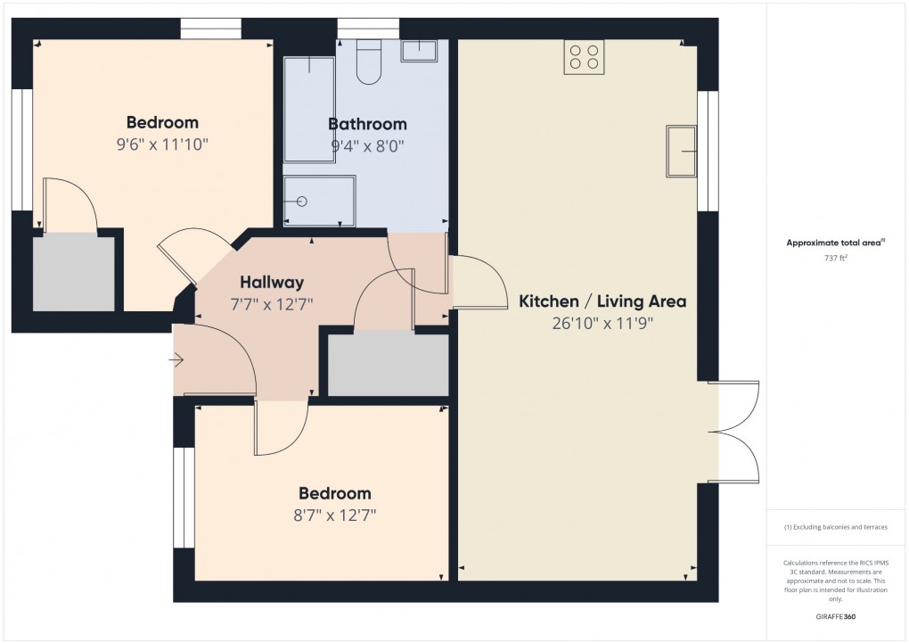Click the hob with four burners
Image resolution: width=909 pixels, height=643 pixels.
click(x=583, y=57)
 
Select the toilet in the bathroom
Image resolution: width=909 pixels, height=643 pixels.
click(x=369, y=62)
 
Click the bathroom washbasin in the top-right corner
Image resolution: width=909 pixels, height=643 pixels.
click(x=419, y=51)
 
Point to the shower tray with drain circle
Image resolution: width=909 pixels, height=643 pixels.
click(x=319, y=201)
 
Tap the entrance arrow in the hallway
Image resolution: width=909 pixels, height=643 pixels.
click(x=176, y=361)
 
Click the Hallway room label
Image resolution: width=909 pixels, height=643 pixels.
click(x=272, y=282)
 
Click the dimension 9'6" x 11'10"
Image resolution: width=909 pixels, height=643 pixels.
click(x=162, y=144)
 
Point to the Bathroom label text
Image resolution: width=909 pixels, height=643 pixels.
click(x=367, y=124)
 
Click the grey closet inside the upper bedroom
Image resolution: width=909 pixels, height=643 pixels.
click(x=74, y=273)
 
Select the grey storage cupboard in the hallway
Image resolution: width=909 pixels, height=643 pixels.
click(x=388, y=365)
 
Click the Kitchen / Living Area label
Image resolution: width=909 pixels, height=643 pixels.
click(x=602, y=301)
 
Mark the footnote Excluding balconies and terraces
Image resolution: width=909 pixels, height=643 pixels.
click(x=835, y=527)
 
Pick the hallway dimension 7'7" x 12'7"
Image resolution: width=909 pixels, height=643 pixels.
click(x=272, y=304)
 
